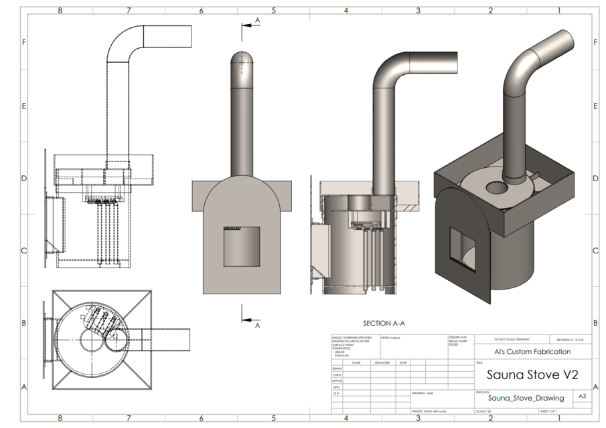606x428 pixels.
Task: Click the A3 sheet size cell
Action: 583,397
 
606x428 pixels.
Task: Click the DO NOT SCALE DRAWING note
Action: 511,340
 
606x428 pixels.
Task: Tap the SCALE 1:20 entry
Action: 483,411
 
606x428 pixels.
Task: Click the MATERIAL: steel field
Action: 424,393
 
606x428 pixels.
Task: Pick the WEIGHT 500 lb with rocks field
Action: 429,411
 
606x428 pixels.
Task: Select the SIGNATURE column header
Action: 382,362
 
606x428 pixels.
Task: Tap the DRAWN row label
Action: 337,368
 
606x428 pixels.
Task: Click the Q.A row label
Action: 336,393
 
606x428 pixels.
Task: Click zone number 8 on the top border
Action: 60,10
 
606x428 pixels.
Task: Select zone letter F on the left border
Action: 24,41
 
